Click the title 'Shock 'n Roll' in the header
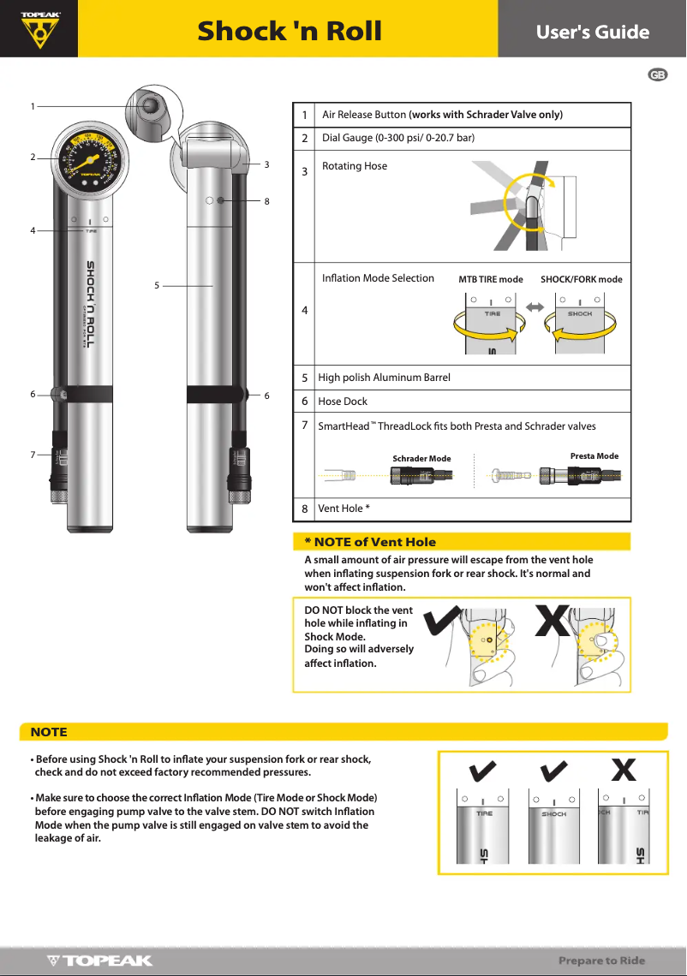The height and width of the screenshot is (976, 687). click(x=290, y=31)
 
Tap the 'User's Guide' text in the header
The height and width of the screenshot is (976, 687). click(x=592, y=32)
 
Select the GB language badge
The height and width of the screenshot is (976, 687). click(x=657, y=75)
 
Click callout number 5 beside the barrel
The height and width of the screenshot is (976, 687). click(x=157, y=286)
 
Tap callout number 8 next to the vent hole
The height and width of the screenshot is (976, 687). click(x=266, y=201)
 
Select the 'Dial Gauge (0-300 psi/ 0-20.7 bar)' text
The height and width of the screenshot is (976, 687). click(x=397, y=138)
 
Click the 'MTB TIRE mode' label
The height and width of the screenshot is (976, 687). click(x=490, y=280)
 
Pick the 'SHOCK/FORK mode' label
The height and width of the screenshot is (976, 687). click(x=581, y=280)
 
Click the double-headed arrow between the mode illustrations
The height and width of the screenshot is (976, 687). click(x=535, y=306)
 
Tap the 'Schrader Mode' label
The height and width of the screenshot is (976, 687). click(x=421, y=459)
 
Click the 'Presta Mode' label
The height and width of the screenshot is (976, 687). click(x=594, y=456)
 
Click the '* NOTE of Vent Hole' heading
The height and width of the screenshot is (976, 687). click(x=370, y=542)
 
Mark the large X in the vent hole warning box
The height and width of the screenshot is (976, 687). click(x=551, y=622)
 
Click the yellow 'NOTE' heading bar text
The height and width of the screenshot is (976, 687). click(x=49, y=732)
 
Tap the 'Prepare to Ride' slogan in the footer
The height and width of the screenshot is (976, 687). click(x=601, y=961)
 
